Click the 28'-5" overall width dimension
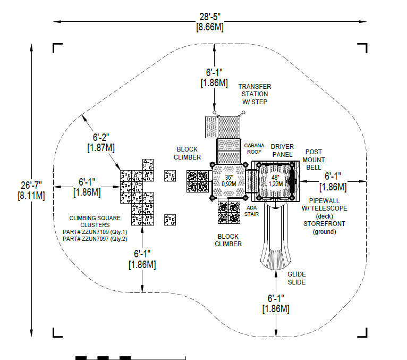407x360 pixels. coord(210,22)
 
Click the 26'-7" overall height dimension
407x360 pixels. coord(31,190)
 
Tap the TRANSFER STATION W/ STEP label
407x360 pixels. coord(255,94)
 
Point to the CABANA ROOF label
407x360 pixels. coord(254,148)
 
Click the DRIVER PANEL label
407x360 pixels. coord(283,150)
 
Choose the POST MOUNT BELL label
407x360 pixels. coord(313,160)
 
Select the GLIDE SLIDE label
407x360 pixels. coord(296,278)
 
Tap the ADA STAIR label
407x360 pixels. coord(251,211)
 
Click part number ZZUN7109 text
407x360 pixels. coord(95,232)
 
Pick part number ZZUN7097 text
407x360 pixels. coord(95,239)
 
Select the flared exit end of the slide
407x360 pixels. coord(276,259)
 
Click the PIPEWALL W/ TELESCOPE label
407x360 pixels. coord(325,204)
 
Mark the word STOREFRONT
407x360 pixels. coord(325,224)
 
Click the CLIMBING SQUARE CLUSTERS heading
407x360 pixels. coord(95,221)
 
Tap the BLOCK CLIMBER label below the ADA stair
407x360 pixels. coord(228,240)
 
